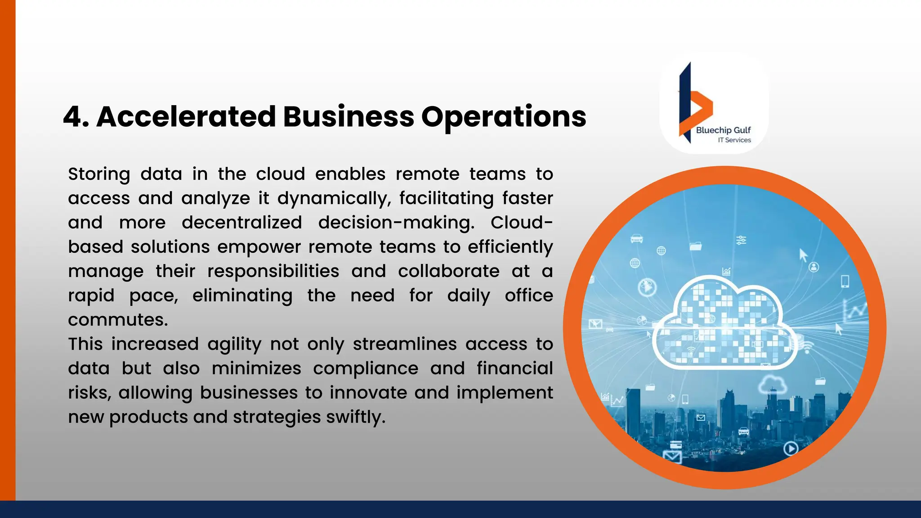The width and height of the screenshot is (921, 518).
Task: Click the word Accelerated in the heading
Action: pyautogui.click(x=186, y=117)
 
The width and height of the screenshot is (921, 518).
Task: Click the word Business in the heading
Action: pyautogui.click(x=348, y=117)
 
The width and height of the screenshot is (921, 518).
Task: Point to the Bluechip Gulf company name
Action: pyautogui.click(x=723, y=130)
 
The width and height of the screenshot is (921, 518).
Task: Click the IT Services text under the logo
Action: pyautogui.click(x=734, y=140)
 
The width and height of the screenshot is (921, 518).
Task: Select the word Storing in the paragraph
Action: pyautogui.click(x=99, y=174)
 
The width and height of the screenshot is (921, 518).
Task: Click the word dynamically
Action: pyautogui.click(x=334, y=199)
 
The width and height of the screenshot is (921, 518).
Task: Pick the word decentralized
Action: pyautogui.click(x=242, y=223)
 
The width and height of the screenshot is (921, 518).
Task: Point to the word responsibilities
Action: pyautogui.click(x=273, y=271)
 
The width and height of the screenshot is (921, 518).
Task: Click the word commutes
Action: pyautogui.click(x=118, y=320)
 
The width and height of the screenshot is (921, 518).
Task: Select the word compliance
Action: pyautogui.click(x=366, y=369)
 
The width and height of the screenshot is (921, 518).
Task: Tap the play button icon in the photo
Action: pyautogui.click(x=791, y=448)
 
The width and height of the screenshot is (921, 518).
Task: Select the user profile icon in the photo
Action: pyautogui.click(x=814, y=267)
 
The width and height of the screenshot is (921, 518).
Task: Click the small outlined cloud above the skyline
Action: pyautogui.click(x=772, y=385)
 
